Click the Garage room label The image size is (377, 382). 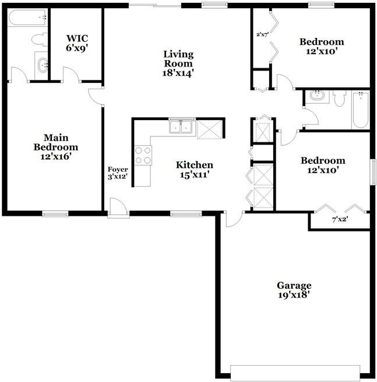[294, 285]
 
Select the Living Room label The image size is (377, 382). [178, 59]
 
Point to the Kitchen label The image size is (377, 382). [194, 165]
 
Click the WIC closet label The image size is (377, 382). [76, 38]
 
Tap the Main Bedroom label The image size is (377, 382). [55, 142]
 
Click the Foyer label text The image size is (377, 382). [117, 170]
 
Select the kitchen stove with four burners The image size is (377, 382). [143, 155]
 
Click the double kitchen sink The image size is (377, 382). [182, 127]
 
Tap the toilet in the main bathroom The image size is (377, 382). [39, 40]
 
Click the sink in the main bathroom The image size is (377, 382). [41, 64]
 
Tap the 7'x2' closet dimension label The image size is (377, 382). [340, 220]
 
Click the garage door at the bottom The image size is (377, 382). [295, 372]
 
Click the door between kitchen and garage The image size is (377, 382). [232, 218]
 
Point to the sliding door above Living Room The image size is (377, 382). [154, 6]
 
